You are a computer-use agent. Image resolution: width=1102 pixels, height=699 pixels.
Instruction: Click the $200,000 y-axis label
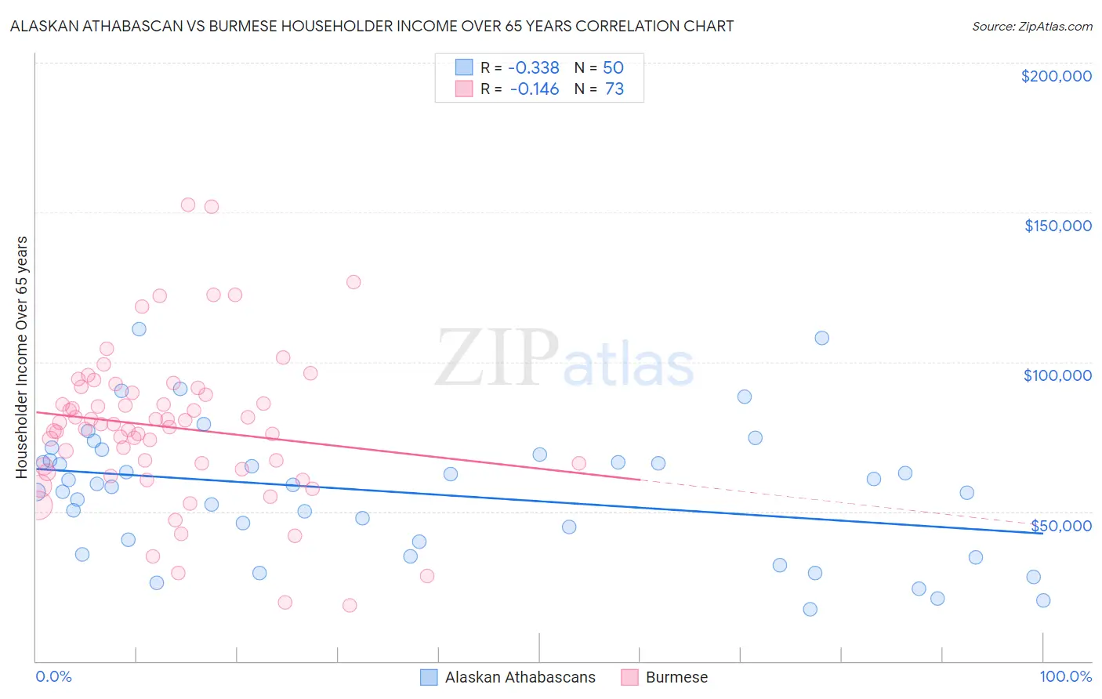pyautogui.click(x=1056, y=76)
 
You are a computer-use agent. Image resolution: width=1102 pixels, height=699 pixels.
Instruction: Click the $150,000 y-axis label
pyautogui.click(x=1057, y=226)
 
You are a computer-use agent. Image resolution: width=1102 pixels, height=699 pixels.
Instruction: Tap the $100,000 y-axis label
pyautogui.click(x=1057, y=375)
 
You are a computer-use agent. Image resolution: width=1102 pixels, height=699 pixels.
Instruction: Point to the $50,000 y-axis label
pyautogui.click(x=1060, y=525)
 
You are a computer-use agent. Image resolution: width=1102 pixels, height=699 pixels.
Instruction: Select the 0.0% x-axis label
pyautogui.click(x=53, y=676)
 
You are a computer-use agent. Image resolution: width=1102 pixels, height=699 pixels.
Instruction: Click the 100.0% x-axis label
pyautogui.click(x=1065, y=676)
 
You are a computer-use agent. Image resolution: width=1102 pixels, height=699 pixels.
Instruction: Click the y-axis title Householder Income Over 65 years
pyautogui.click(x=22, y=357)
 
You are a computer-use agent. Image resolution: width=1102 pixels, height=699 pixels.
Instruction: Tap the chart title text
pyautogui.click(x=372, y=26)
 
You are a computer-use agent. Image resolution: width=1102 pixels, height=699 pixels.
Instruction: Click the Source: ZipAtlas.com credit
pyautogui.click(x=1031, y=27)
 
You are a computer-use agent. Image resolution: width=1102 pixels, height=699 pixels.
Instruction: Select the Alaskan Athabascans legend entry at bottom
pyautogui.click(x=520, y=677)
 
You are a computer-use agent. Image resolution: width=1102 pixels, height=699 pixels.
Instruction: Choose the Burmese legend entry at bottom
pyautogui.click(x=676, y=677)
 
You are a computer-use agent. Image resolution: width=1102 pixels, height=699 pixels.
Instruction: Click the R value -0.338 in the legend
pyautogui.click(x=534, y=67)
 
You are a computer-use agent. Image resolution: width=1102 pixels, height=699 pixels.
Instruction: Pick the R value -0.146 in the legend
pyautogui.click(x=534, y=89)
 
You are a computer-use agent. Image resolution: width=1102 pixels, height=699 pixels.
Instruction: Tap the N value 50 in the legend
pyautogui.click(x=613, y=67)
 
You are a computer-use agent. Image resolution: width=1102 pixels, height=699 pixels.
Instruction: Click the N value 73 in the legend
pyautogui.click(x=614, y=89)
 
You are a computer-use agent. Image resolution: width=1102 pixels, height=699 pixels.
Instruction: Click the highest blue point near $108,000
pyautogui.click(x=821, y=338)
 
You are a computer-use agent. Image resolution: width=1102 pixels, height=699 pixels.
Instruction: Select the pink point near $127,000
pyautogui.click(x=353, y=282)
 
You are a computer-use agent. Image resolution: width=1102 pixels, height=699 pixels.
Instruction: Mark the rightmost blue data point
pyautogui.click(x=1042, y=600)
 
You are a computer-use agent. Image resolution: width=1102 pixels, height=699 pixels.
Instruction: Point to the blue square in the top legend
pyautogui.click(x=464, y=67)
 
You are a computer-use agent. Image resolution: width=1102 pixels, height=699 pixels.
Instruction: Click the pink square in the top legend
pyautogui.click(x=464, y=89)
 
